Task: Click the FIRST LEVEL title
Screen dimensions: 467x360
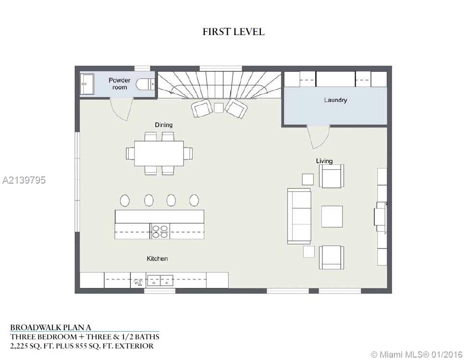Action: (x=233, y=32)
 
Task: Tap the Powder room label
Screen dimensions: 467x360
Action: (x=120, y=84)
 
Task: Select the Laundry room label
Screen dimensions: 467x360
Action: (x=335, y=100)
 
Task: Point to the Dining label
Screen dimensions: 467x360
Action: (x=163, y=124)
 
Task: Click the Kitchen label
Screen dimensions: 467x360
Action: (x=157, y=259)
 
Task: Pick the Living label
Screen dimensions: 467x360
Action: (x=324, y=161)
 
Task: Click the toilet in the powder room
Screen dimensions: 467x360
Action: (x=145, y=84)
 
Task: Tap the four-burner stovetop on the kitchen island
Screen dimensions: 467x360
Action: (x=160, y=231)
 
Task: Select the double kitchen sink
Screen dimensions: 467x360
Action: (x=160, y=280)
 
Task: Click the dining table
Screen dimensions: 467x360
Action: (x=159, y=153)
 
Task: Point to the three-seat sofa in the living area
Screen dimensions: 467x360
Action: (x=299, y=216)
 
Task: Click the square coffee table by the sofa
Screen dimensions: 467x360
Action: (x=332, y=216)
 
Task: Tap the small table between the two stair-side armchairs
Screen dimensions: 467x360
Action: (x=219, y=108)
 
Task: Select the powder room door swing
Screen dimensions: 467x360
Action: (x=122, y=109)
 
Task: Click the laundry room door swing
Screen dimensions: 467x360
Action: (x=319, y=137)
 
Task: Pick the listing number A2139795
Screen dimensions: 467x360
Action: (x=24, y=180)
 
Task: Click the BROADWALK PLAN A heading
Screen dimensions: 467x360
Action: (x=50, y=327)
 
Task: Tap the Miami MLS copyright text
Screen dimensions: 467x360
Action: (x=417, y=354)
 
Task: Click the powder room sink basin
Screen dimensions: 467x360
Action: (x=87, y=84)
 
